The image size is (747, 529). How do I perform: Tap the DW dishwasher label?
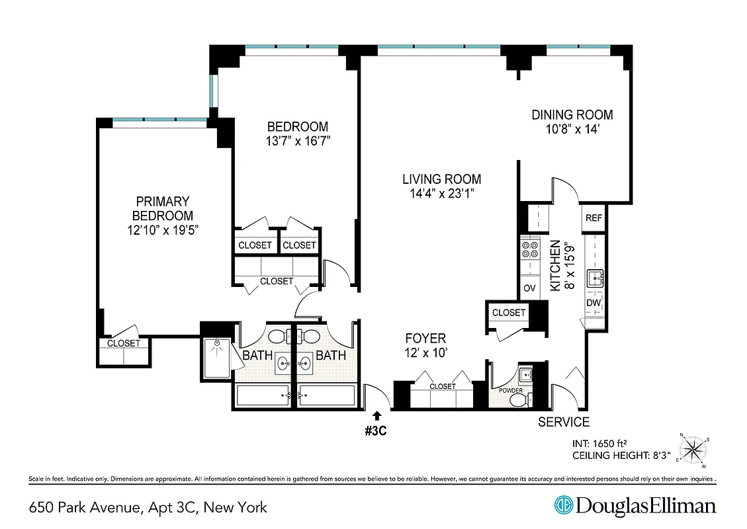click(593, 303)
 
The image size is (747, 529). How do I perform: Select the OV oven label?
click(529, 288)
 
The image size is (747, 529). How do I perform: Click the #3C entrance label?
click(376, 430)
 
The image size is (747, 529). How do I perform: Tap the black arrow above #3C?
click(376, 415)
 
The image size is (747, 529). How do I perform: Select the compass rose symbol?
click(693, 450)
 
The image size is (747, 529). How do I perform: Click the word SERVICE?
click(563, 423)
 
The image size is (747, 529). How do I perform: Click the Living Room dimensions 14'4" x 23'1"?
click(441, 194)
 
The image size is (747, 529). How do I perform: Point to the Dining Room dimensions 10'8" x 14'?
click(572, 130)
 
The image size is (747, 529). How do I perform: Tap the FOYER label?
click(426, 339)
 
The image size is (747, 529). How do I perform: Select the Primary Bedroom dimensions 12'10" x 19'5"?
click(163, 230)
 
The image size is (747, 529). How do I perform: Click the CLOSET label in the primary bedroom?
click(124, 343)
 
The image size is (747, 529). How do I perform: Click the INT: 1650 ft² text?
click(603, 444)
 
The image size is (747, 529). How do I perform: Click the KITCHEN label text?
click(556, 265)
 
